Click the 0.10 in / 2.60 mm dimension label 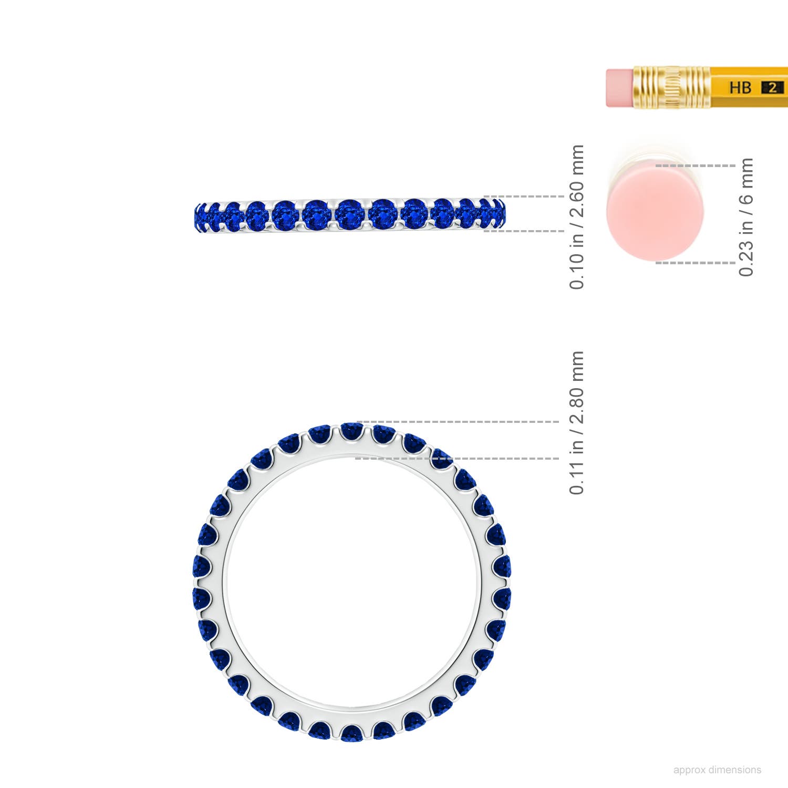(576, 216)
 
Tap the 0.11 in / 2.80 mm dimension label (576, 423)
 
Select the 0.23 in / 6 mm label (746, 216)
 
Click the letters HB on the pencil (740, 87)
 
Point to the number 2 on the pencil (772, 88)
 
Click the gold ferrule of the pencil (671, 87)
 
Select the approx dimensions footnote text (717, 770)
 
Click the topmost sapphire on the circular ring (351, 431)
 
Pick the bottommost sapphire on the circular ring (351, 733)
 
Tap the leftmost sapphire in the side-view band (200, 216)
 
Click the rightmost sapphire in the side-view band (498, 214)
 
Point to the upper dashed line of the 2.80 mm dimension (457, 422)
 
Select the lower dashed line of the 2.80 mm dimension (457, 459)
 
